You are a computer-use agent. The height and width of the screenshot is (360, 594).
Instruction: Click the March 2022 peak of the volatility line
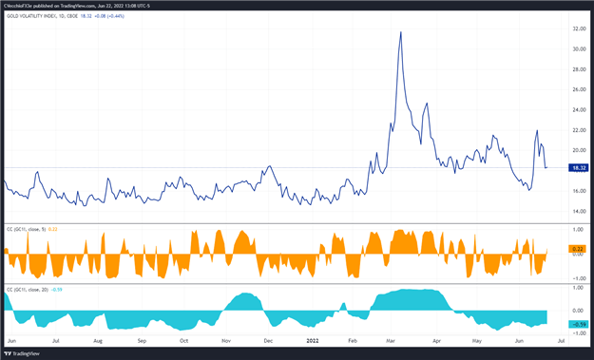click(x=400, y=32)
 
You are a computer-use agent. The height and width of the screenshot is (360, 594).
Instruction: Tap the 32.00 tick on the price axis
click(x=579, y=28)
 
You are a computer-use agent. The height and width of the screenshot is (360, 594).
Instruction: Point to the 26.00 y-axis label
click(x=579, y=89)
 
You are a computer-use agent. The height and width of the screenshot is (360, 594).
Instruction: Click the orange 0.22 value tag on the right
click(x=577, y=249)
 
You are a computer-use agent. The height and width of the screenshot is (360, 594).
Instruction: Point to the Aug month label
click(x=98, y=339)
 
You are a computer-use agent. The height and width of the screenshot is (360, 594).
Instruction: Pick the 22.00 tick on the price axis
click(x=579, y=130)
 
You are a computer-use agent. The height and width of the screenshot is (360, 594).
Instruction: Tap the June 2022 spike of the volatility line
click(x=537, y=131)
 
